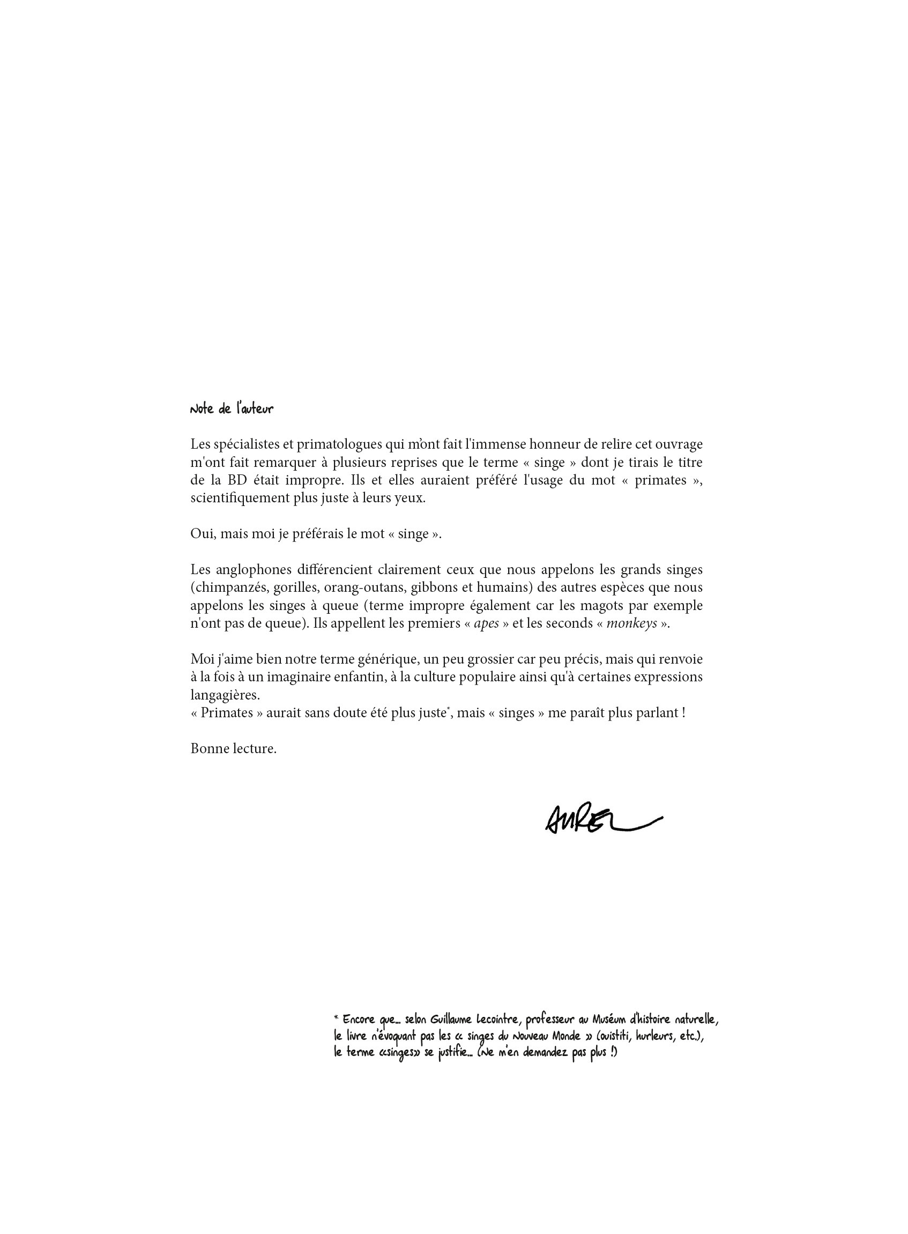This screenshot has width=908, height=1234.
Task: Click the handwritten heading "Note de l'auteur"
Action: [x=232, y=409]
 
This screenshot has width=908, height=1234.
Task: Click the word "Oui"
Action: [x=202, y=534]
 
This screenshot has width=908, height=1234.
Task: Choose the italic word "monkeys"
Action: [x=631, y=624]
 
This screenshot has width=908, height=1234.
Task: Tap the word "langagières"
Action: [x=225, y=695]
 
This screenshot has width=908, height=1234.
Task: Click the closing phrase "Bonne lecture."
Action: [x=234, y=749]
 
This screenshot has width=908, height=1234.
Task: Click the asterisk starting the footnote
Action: [x=337, y=1018]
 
